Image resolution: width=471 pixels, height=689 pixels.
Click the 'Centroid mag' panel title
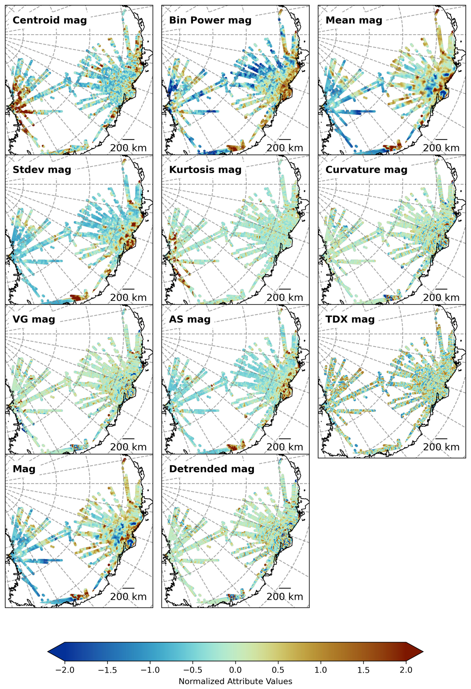pyautogui.click(x=50, y=20)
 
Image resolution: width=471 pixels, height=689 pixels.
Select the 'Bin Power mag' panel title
pyautogui.click(x=210, y=20)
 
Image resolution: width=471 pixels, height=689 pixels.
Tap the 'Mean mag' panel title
pyautogui.click(x=353, y=20)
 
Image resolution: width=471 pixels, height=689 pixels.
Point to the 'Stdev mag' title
pyautogui.click(x=42, y=170)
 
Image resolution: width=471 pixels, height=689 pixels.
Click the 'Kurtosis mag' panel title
pyautogui.click(x=205, y=170)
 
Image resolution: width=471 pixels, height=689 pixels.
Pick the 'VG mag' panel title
pyautogui.click(x=34, y=319)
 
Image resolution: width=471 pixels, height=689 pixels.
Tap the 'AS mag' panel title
pyautogui.click(x=190, y=319)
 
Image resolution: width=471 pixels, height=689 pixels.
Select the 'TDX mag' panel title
pyautogui.click(x=350, y=319)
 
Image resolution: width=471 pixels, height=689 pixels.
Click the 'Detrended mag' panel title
pyautogui.click(x=212, y=469)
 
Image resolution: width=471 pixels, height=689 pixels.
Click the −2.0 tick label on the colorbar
pyautogui.click(x=65, y=670)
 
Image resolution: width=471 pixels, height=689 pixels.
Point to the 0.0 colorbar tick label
pyautogui.click(x=235, y=670)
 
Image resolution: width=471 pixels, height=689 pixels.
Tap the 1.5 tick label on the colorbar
pyautogui.click(x=363, y=670)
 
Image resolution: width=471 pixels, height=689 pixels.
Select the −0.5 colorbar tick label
pyautogui.click(x=193, y=670)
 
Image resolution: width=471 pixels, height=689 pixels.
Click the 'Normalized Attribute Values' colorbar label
pyautogui.click(x=235, y=681)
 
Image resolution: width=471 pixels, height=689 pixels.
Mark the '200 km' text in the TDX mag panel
pyautogui.click(x=441, y=447)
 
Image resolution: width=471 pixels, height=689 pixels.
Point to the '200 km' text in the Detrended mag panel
pyautogui.click(x=285, y=597)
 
